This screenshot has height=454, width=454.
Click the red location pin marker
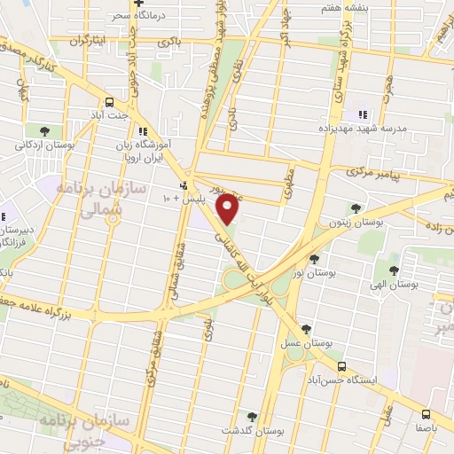click(228, 209)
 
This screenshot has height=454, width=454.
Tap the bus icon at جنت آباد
click(109, 102)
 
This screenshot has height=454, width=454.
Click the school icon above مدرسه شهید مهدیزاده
click(361, 113)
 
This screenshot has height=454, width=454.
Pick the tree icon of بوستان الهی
click(395, 270)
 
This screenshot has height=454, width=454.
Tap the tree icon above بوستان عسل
click(307, 329)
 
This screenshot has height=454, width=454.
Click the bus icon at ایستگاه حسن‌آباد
click(341, 365)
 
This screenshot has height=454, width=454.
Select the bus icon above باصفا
click(427, 414)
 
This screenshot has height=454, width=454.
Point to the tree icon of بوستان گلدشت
click(252, 415)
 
